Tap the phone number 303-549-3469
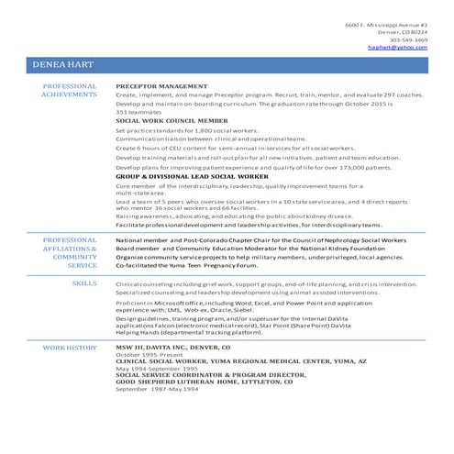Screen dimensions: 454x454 [408, 39]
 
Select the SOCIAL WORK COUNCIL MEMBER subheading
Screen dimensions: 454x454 [172, 120]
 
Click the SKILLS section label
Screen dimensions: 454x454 [84, 284]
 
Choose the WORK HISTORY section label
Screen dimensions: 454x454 [70, 349]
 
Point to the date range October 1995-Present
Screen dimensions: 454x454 [149, 355]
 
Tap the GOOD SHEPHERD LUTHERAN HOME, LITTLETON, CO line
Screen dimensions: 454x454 [202, 381]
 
